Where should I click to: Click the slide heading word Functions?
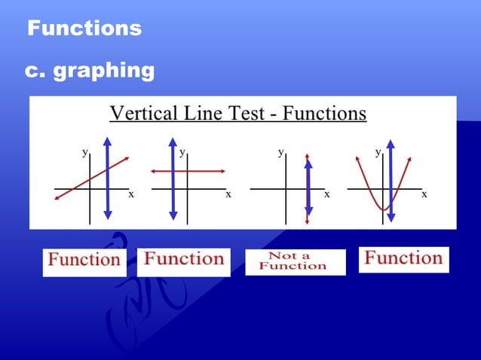tap(84, 29)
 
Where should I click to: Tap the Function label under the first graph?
tap(84, 261)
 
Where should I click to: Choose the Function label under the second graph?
tap(185, 259)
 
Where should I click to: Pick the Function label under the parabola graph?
tap(403, 258)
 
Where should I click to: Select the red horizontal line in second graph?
tap(204, 172)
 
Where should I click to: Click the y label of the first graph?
tap(85, 151)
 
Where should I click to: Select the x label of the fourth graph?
tap(424, 194)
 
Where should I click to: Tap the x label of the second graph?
tap(228, 194)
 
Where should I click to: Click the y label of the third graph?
tap(281, 151)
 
